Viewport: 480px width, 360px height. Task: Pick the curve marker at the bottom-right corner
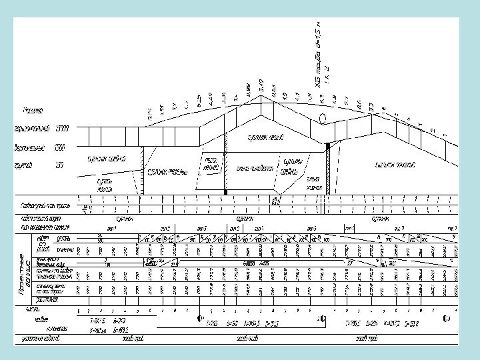tap(446, 319)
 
